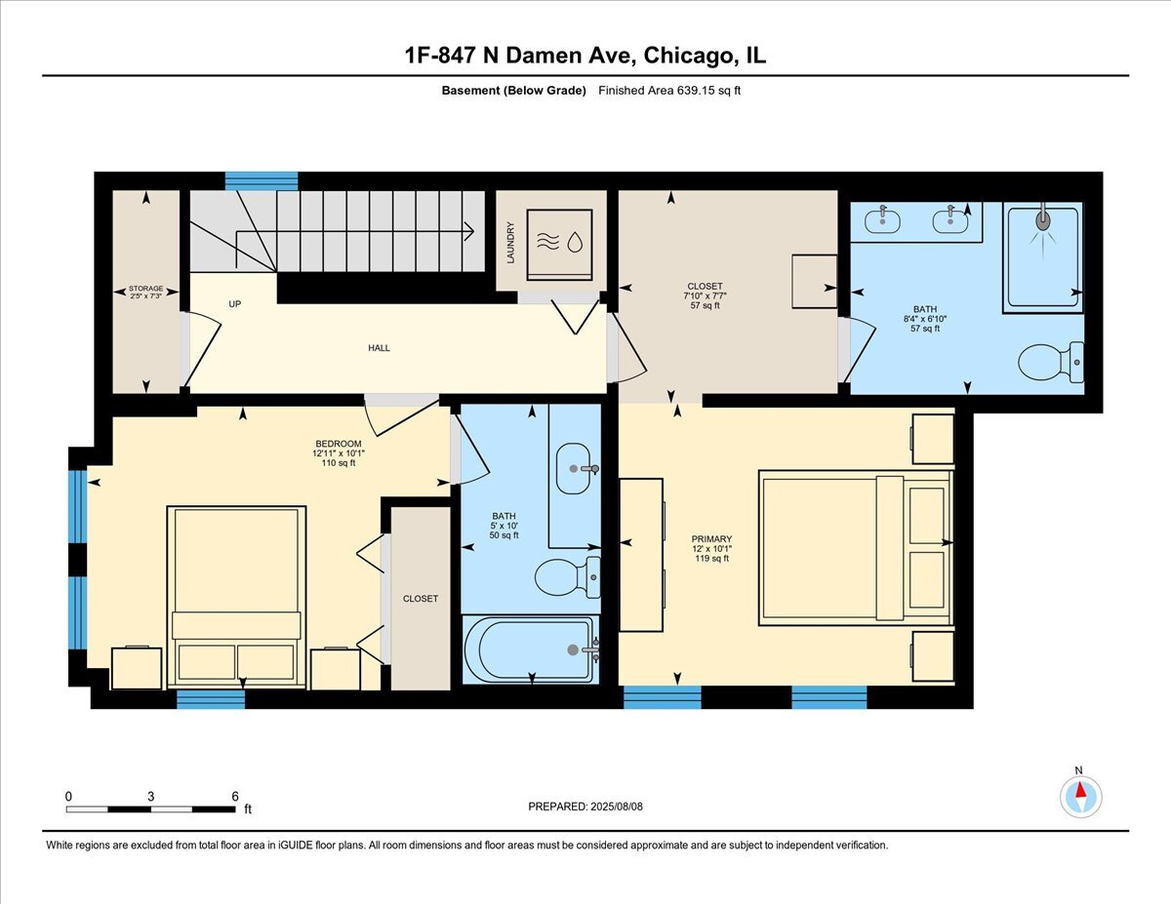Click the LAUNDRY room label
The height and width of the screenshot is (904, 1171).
[x=509, y=242]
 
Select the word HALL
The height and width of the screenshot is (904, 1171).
[x=379, y=348]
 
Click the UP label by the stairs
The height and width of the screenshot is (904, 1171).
[x=234, y=304]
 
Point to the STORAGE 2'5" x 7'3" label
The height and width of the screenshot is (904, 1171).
[x=146, y=293]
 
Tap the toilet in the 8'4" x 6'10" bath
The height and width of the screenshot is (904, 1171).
[x=1050, y=362]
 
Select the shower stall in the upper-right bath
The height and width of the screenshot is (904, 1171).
[x=1043, y=255]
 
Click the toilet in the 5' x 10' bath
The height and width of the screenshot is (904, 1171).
[x=567, y=577]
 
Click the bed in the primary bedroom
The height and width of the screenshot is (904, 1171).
[x=855, y=547]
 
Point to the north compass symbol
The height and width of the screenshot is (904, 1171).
[x=1079, y=797]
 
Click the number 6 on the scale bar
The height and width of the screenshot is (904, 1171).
[x=235, y=797]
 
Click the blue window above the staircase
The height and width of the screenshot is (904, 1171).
[x=262, y=180]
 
